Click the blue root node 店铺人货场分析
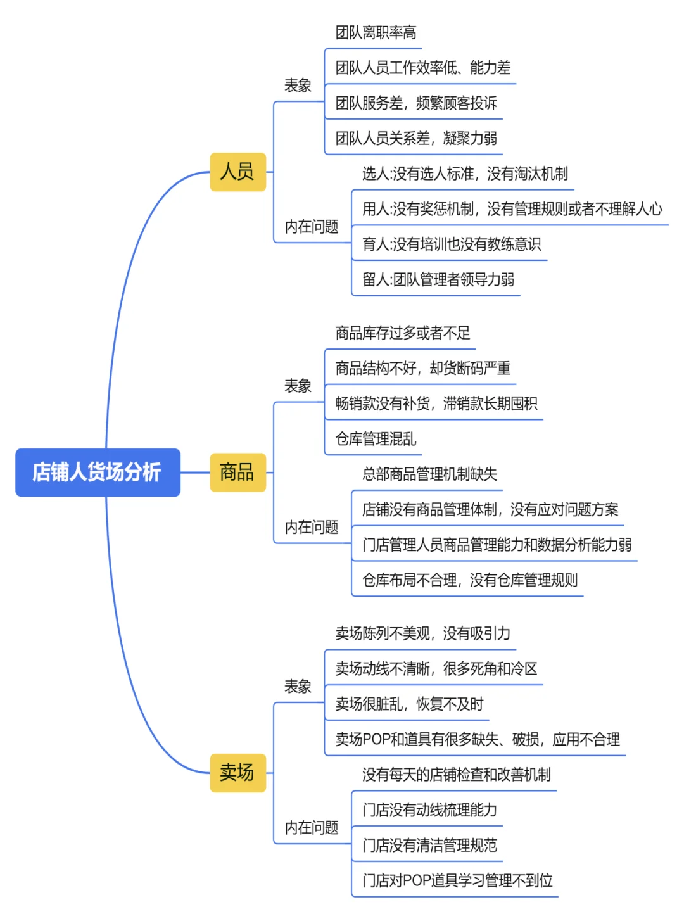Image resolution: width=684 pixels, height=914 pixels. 98,473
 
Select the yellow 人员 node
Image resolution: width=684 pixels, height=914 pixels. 237,172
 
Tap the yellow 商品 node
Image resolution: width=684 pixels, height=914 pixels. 237,473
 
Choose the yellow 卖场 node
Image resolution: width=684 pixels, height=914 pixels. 237,773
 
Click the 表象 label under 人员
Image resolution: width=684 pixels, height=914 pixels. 298,86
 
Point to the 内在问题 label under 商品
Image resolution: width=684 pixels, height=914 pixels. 311,527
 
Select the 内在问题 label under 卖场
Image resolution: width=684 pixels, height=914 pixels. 311,827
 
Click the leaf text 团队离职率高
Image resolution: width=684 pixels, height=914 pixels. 376,33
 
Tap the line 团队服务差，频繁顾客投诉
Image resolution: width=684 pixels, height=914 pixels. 416,103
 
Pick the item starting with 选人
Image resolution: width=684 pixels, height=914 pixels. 464,174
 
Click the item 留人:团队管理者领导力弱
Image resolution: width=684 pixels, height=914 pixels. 438,280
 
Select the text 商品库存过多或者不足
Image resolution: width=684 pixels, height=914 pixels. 403,333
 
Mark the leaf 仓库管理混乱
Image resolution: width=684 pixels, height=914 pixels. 376,439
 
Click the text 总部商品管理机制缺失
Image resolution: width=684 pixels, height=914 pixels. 429,474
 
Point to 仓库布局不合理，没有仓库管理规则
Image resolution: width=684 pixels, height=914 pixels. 469,580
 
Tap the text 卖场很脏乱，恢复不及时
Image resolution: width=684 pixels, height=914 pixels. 409,704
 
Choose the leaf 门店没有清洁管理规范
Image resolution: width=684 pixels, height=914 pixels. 429,846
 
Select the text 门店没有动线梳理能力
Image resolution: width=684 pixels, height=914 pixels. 429,810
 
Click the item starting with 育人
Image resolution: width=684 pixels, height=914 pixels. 451,244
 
